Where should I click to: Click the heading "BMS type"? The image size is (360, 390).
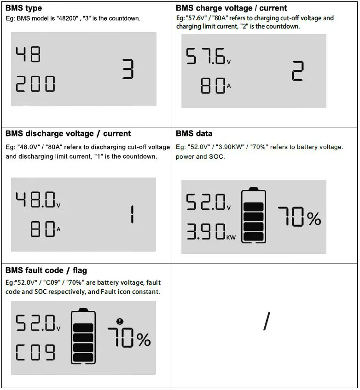23,8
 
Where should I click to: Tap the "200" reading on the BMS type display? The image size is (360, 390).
35,84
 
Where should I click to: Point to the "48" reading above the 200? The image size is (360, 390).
29,55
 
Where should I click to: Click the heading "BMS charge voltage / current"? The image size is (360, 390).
231,8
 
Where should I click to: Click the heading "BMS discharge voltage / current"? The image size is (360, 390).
68,133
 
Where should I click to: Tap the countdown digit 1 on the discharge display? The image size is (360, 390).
132,214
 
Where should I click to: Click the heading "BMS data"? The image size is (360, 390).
194,133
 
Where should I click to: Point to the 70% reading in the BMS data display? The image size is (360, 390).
299,217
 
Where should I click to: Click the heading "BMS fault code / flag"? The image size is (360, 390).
46,270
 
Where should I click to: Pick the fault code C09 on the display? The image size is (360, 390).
35,353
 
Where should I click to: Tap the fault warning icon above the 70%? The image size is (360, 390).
121,322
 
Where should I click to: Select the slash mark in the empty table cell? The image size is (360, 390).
266,321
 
